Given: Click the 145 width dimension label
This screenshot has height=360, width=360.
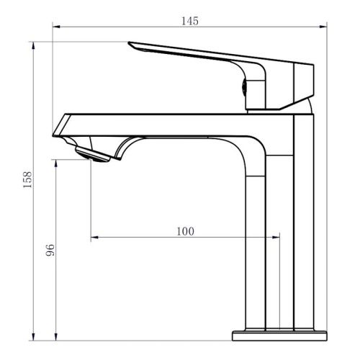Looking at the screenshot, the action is [x=190, y=21].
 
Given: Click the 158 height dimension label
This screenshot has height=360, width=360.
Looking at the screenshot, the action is [x=27, y=179].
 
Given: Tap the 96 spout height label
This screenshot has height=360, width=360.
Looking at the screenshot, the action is [x=50, y=250].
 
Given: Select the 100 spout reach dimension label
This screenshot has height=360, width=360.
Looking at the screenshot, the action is [x=185, y=231].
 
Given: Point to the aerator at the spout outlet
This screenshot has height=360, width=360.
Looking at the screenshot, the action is [x=92, y=154].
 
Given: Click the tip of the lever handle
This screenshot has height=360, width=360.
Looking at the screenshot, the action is [x=129, y=42].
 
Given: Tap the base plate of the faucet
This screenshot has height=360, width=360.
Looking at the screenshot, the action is [x=279, y=336].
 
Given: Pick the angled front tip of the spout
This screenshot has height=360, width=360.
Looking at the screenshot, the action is [x=53, y=136].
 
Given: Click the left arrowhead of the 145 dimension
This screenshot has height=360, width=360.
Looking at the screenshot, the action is [x=56, y=27].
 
